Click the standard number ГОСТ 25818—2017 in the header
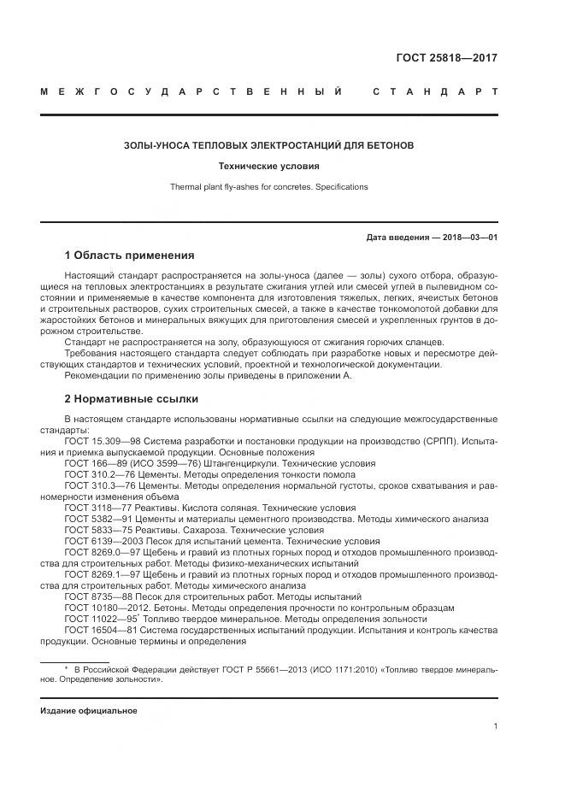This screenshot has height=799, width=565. pyautogui.click(x=446, y=59)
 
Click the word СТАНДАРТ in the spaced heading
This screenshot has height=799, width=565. pyautogui.click(x=434, y=91)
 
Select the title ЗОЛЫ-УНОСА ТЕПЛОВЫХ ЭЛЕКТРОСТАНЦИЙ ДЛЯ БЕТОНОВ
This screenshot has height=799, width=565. pyautogui.click(x=268, y=145)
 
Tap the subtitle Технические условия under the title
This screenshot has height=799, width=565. pyautogui.click(x=268, y=167)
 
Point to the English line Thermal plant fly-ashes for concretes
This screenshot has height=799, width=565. pyautogui.click(x=268, y=186)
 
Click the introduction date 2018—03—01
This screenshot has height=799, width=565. pyautogui.click(x=468, y=237)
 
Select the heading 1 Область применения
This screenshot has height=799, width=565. pyautogui.click(x=129, y=256)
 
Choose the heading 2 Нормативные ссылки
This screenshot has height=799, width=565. pyautogui.click(x=129, y=399)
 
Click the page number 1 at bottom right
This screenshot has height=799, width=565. pyautogui.click(x=495, y=726)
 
